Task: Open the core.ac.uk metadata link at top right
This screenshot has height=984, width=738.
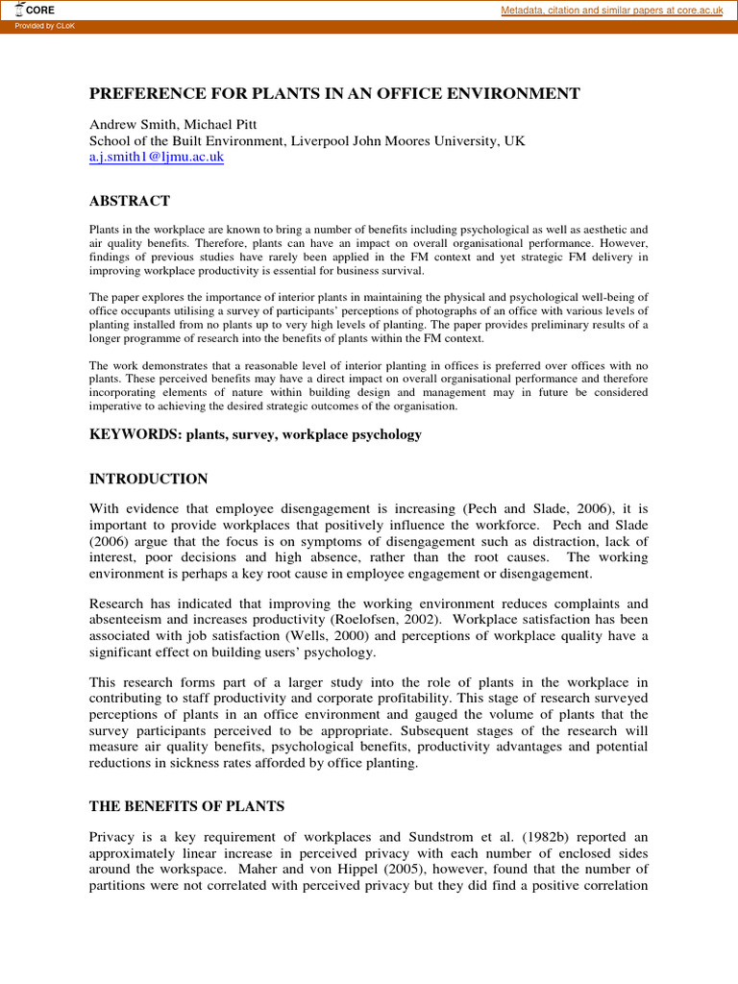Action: coord(612,10)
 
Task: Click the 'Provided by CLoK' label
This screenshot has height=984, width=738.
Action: coord(45,26)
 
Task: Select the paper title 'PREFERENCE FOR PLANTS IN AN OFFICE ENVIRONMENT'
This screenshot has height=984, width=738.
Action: coord(334,93)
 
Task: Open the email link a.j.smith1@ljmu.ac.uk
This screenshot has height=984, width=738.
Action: coord(157,157)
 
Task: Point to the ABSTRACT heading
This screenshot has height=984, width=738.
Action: coord(130,201)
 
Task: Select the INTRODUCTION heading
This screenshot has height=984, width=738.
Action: coord(148,479)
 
